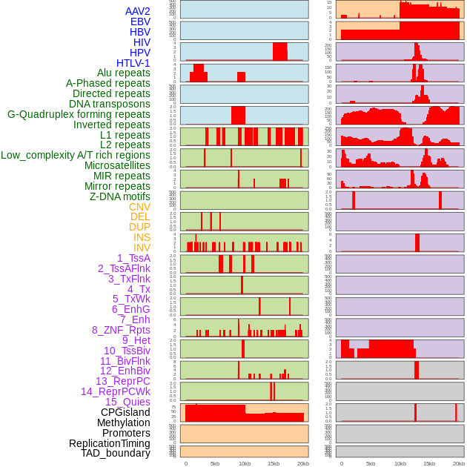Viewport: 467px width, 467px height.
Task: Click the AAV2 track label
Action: (138, 11)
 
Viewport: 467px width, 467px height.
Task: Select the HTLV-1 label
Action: (133, 63)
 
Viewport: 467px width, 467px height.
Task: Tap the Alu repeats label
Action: (124, 73)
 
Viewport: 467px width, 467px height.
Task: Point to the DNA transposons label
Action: (110, 104)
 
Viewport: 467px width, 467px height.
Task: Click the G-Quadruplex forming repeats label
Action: (79, 114)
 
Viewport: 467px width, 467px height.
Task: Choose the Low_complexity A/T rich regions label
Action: (76, 155)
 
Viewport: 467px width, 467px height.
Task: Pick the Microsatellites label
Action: (117, 165)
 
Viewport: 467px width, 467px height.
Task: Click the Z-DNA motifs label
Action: (120, 196)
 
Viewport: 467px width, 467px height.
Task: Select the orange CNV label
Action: (139, 207)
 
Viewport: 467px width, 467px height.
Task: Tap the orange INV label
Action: (142, 248)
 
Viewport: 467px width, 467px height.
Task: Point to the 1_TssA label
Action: (133, 258)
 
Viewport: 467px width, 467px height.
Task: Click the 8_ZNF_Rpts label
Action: (121, 330)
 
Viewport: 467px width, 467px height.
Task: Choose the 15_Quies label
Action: (127, 402)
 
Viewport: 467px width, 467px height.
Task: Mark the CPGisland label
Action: (125, 412)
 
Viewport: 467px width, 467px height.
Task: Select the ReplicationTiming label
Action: (109, 443)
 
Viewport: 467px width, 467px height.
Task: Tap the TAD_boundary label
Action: (116, 453)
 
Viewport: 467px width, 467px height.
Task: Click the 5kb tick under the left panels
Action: (215, 463)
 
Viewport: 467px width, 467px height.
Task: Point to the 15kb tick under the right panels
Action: (429, 463)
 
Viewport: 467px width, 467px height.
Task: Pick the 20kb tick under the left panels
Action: (302, 463)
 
